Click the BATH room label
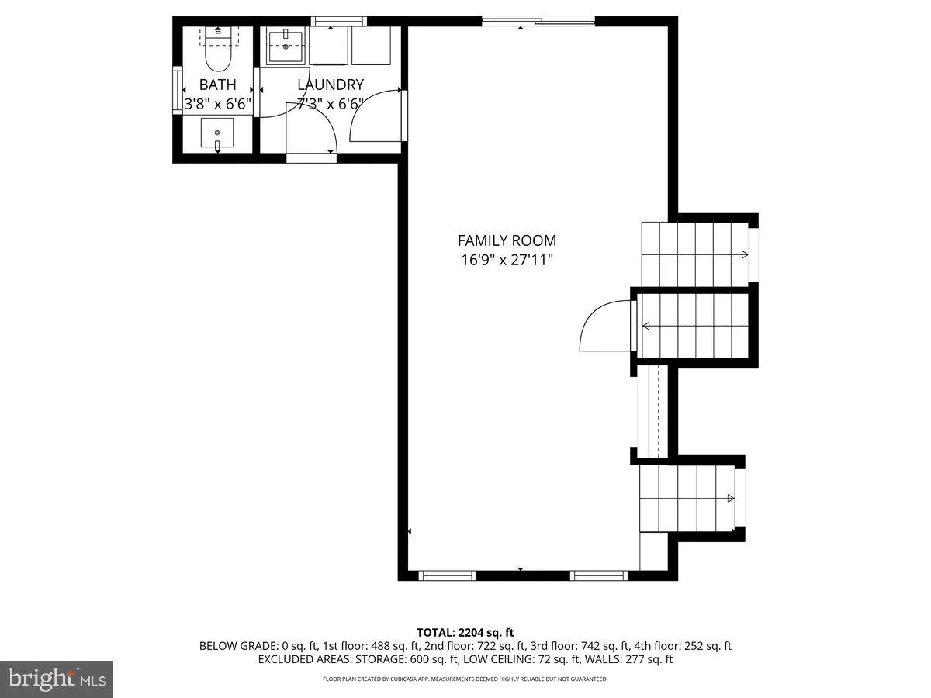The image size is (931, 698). (x=217, y=85)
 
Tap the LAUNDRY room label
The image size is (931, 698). (x=331, y=85)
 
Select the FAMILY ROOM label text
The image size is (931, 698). (x=507, y=240)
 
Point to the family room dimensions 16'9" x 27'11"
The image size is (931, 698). (x=507, y=260)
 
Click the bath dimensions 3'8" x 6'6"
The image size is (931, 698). (x=217, y=103)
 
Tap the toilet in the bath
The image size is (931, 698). (x=217, y=51)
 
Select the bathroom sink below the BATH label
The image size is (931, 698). (x=217, y=133)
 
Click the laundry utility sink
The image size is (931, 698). (x=288, y=46)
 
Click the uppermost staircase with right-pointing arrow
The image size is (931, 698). (x=694, y=254)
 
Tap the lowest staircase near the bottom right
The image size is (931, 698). (x=687, y=497)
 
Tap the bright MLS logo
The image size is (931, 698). (x=57, y=679)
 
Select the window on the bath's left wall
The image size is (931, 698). (x=177, y=91)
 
